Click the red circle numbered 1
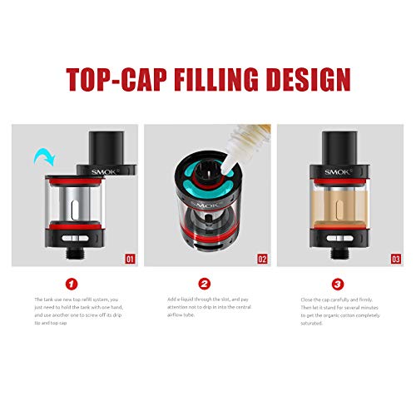click(x=73, y=284)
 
